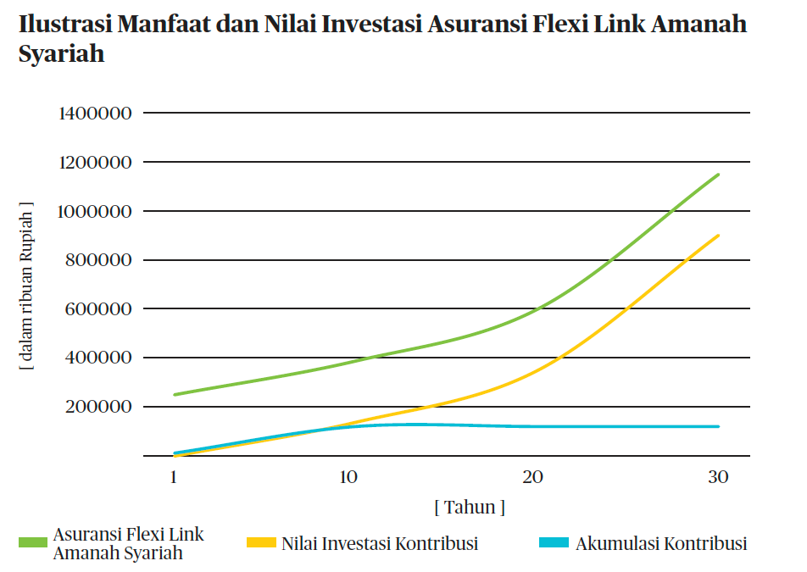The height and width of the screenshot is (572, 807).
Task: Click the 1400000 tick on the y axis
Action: click(x=94, y=113)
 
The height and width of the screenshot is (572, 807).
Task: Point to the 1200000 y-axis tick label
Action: click(x=94, y=162)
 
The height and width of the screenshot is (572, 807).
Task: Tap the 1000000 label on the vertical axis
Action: click(x=94, y=211)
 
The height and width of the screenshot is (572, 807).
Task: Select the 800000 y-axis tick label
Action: click(x=98, y=260)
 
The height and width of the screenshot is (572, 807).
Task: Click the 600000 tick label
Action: click(x=98, y=309)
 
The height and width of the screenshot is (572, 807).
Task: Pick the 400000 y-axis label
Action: click(x=98, y=358)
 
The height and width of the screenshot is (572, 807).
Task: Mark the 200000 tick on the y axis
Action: click(x=98, y=407)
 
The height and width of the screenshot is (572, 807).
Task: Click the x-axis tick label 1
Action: click(x=174, y=477)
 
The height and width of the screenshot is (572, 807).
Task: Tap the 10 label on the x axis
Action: click(x=348, y=477)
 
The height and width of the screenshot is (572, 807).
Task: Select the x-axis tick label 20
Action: click(x=532, y=477)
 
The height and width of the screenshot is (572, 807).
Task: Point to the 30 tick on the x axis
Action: click(x=718, y=477)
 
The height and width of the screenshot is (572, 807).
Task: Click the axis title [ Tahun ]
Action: click(x=470, y=508)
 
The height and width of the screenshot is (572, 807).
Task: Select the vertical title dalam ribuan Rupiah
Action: click(x=27, y=288)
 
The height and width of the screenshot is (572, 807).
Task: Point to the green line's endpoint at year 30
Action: click(x=719, y=175)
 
